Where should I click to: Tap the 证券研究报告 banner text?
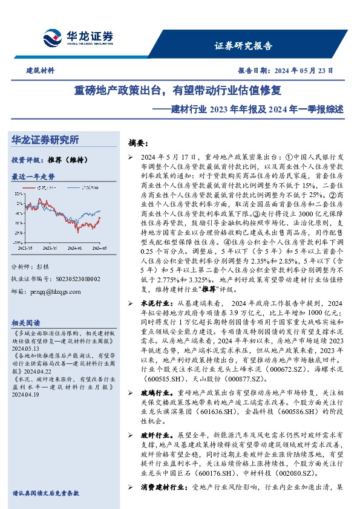pos(244,45)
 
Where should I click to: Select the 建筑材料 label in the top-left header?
pos(41,71)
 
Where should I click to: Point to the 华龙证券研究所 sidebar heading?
pos(46,140)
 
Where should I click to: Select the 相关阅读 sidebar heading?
pos(27,322)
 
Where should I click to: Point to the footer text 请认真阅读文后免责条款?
pos(46,493)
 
